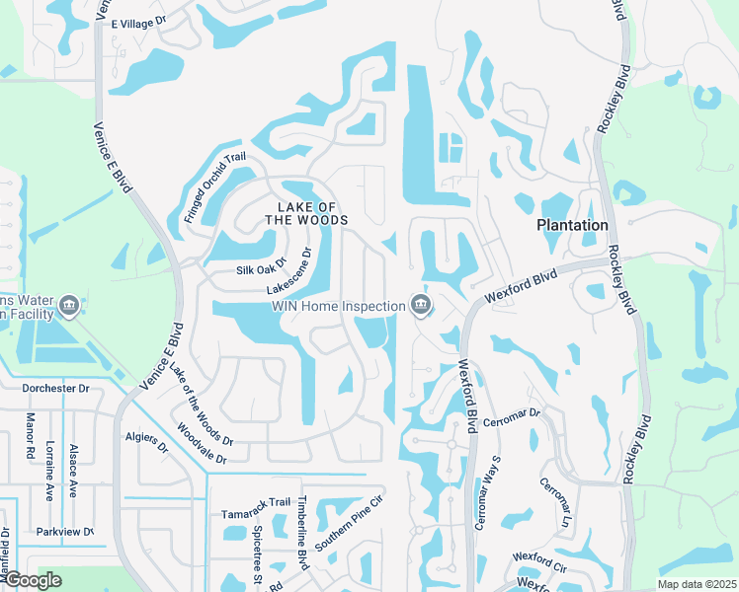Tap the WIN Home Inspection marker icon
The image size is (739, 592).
(421, 306)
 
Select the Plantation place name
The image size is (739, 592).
(572, 225)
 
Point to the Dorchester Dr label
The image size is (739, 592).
(61, 388)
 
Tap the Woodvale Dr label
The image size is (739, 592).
(202, 445)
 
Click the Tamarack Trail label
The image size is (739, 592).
(256, 501)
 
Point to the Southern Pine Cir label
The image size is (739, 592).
(349, 529)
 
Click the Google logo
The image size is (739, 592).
(33, 580)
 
